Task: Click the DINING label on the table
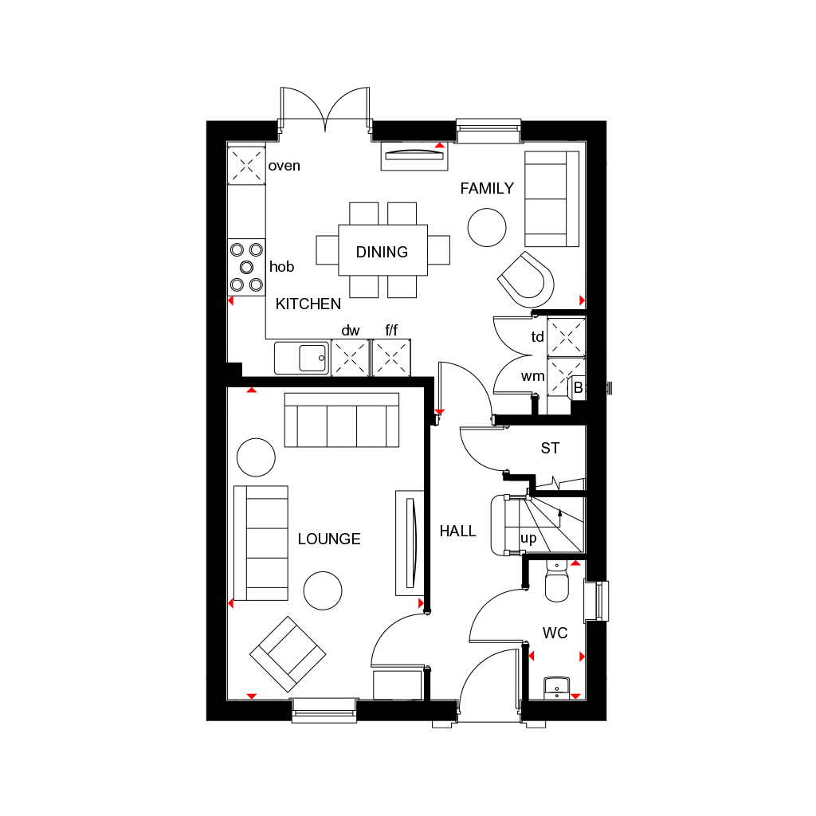coord(382,252)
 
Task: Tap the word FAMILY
coord(487,189)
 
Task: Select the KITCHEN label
coord(308,304)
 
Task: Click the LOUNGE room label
coord(329,539)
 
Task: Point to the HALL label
coord(457,531)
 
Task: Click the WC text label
coord(555,633)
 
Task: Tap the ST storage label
coord(550,449)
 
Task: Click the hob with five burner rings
coord(246,266)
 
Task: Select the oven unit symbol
coord(246,166)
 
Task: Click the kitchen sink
coord(302,358)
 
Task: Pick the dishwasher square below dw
coord(351,358)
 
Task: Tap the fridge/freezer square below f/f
coord(391,358)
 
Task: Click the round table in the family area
coord(487,227)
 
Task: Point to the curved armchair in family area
coord(526,279)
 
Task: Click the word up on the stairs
coord(528,538)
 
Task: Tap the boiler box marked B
coord(578,387)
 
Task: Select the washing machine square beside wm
coord(566,376)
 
